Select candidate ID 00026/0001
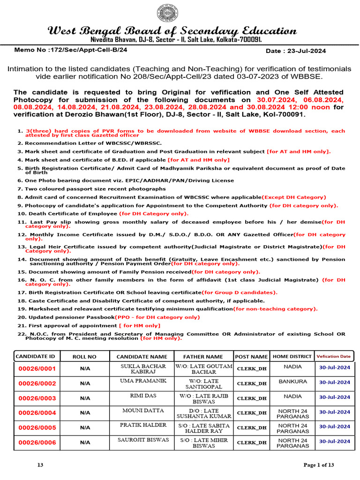click(37, 369)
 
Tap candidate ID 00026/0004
click(37, 413)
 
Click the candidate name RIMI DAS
click(142, 396)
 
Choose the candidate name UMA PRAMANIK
click(142, 381)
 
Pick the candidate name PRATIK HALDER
click(142, 425)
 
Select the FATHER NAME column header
click(203, 357)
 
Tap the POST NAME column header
click(251, 357)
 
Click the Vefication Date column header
click(333, 357)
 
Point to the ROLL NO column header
click(85, 357)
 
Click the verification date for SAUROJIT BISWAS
click(334, 442)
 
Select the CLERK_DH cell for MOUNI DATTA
click(251, 413)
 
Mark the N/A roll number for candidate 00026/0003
click(85, 398)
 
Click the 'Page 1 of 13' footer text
click(319, 465)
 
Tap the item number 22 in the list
click(21, 334)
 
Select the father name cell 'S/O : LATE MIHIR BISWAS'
click(203, 443)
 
